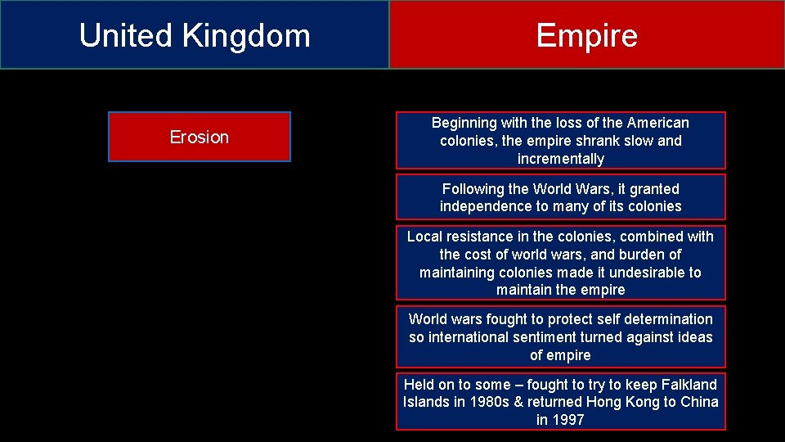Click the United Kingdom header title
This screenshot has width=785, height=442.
tap(195, 36)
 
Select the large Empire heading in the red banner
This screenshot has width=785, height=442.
tap(586, 36)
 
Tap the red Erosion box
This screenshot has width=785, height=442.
tap(199, 137)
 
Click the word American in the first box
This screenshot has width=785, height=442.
tap(658, 123)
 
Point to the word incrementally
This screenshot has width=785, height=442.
tap(560, 159)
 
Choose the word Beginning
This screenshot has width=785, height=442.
tap(464, 123)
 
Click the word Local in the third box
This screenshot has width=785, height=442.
tap(424, 237)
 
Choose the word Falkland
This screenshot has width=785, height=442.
tap(688, 385)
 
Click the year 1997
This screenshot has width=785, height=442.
tap(569, 421)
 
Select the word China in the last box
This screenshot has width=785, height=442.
tap(700, 403)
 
